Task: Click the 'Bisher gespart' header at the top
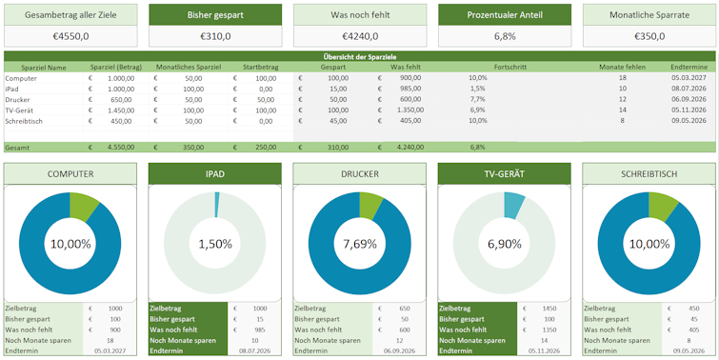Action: [x=214, y=15]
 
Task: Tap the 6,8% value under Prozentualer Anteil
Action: [x=504, y=36]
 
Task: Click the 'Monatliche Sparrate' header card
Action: [x=649, y=15]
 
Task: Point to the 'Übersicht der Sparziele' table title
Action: [x=360, y=58]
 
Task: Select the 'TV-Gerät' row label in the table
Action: [x=19, y=110]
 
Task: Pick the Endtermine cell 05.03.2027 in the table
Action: [x=689, y=78]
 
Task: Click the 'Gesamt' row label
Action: [x=16, y=148]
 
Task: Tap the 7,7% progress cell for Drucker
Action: [x=477, y=99]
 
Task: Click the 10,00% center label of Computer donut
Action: [x=70, y=244]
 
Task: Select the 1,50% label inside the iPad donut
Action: [x=214, y=244]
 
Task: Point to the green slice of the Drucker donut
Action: [x=374, y=205]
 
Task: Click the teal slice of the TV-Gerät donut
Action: [x=513, y=204]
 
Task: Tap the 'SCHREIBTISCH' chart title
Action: [x=649, y=174]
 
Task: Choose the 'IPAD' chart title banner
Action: [x=214, y=174]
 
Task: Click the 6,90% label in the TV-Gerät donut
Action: [x=504, y=244]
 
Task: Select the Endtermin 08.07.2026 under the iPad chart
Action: [x=254, y=351]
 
